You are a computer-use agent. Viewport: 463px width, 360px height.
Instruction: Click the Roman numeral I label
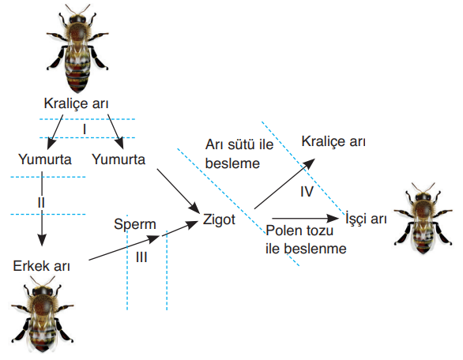click(85, 129)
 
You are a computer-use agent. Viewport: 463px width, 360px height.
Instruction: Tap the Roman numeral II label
click(41, 203)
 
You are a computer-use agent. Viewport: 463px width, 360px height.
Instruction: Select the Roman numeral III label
click(141, 257)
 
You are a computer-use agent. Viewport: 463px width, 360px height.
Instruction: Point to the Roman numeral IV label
click(307, 192)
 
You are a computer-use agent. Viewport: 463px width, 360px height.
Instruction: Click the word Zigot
click(219, 219)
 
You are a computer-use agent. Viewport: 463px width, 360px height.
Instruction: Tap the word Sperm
click(135, 224)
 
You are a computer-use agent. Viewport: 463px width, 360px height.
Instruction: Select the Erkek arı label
click(41, 266)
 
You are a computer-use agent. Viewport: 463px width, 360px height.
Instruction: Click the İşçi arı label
click(366, 219)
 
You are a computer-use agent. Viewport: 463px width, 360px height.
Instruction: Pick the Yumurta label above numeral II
click(45, 159)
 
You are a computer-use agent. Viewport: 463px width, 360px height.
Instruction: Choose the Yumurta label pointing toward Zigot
click(119, 159)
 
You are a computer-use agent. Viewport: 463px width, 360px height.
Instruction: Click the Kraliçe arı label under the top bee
click(76, 103)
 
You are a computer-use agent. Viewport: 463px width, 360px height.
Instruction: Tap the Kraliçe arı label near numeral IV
click(333, 141)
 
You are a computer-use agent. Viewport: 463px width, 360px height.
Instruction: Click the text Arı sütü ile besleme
click(239, 154)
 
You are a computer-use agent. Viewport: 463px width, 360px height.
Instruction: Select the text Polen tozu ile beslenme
click(306, 239)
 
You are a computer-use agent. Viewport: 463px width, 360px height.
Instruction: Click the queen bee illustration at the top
click(77, 49)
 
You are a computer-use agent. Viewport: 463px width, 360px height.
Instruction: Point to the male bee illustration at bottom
click(42, 314)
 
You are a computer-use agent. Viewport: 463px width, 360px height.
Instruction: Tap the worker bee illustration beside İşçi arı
click(423, 219)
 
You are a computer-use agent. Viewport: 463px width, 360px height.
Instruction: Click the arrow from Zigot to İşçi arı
click(305, 219)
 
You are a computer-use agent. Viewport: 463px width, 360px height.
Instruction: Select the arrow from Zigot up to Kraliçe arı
click(284, 183)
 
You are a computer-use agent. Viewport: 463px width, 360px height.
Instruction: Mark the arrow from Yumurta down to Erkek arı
click(42, 208)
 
